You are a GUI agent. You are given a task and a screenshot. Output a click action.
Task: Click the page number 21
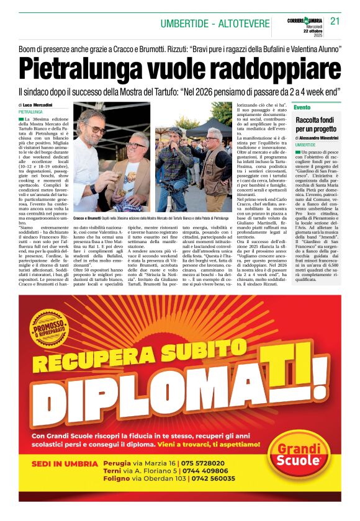coord(335,20)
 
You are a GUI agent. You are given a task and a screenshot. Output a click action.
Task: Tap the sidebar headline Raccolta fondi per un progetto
coord(317,125)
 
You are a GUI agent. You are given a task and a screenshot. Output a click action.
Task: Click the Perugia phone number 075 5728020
coord(202,463)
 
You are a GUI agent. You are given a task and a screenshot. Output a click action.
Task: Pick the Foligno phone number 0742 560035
coord(211,479)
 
